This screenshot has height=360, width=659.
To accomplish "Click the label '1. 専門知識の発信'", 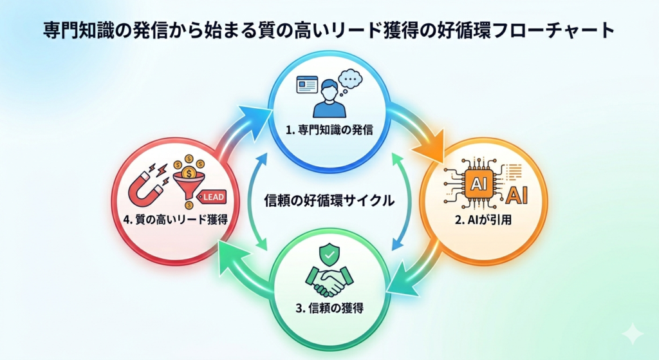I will pyautogui.click(x=329, y=129).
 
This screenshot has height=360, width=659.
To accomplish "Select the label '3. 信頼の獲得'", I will pyautogui.click(x=329, y=307).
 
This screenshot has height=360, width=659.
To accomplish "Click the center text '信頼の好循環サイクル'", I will pyautogui.click(x=329, y=200).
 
